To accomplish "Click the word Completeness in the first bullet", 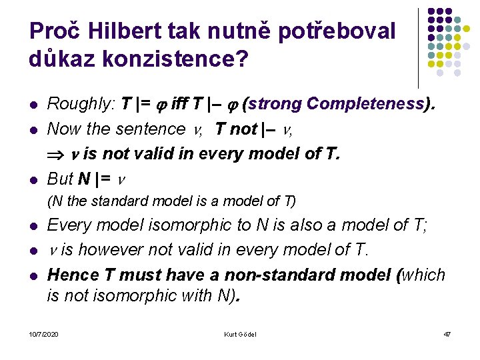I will tap(365, 104).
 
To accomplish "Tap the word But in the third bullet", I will tap(60, 179).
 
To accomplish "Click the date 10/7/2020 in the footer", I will tap(43, 333).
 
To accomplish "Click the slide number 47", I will tap(447, 333).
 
